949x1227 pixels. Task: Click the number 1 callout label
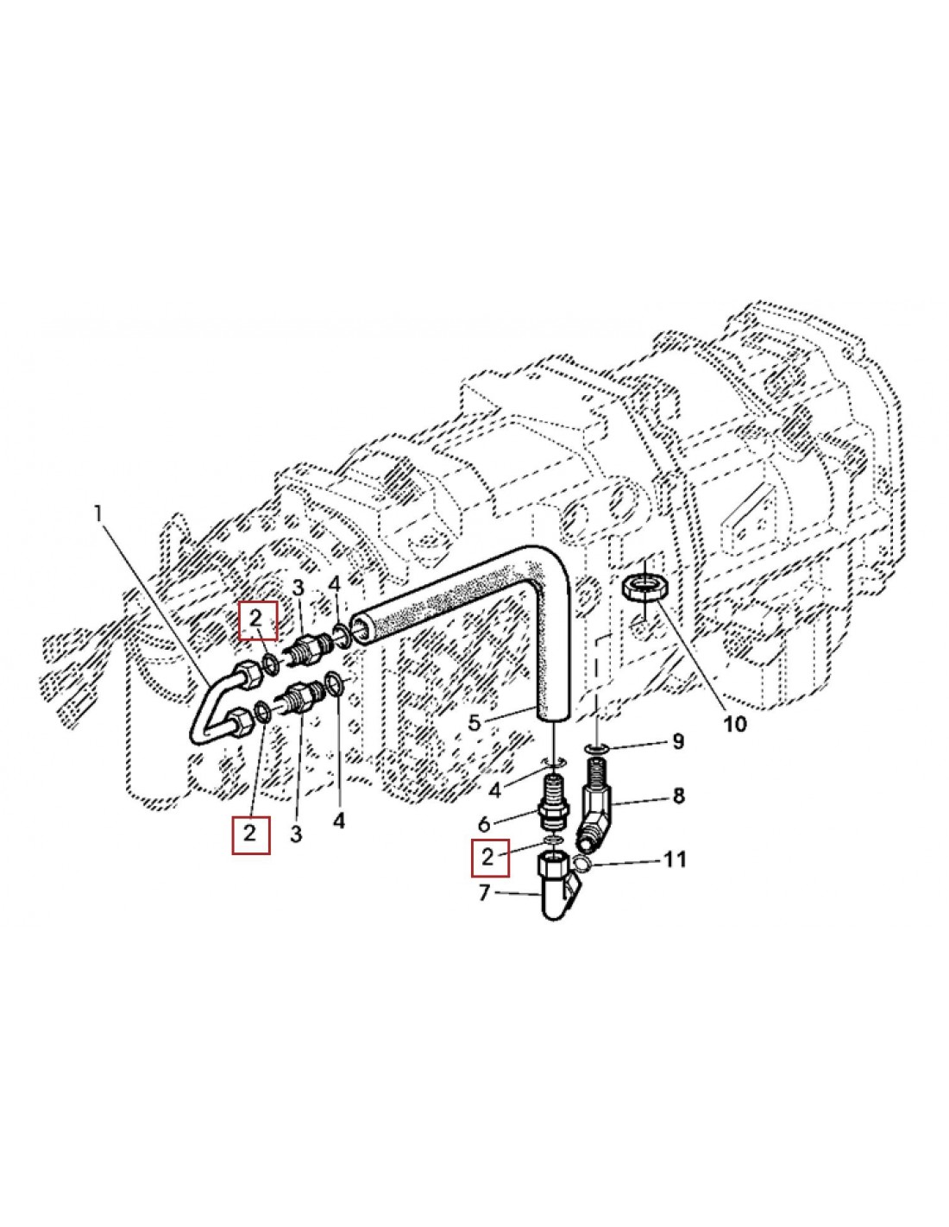(x=99, y=514)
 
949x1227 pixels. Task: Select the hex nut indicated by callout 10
(x=645, y=589)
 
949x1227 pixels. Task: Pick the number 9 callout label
(x=677, y=741)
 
